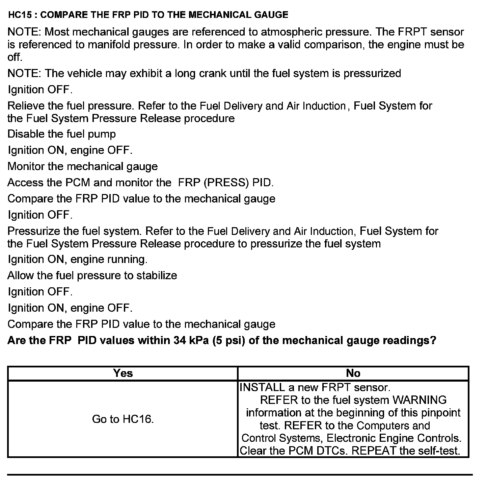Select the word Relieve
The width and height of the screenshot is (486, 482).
(x=26, y=106)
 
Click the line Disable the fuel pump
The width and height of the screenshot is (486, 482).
(x=61, y=134)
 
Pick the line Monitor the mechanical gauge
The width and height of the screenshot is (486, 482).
(x=82, y=166)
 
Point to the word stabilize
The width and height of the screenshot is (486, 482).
(x=157, y=275)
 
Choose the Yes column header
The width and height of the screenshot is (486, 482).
(x=123, y=373)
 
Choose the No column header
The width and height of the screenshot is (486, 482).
(x=353, y=373)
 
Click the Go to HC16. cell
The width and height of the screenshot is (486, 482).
(x=123, y=419)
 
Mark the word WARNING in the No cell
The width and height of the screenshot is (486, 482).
(x=420, y=400)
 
